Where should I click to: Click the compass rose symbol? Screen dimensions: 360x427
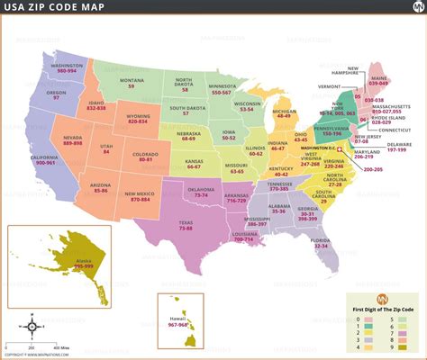point(32,327)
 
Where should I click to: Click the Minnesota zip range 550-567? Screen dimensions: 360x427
point(222,92)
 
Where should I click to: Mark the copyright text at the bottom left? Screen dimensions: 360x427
point(36,355)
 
